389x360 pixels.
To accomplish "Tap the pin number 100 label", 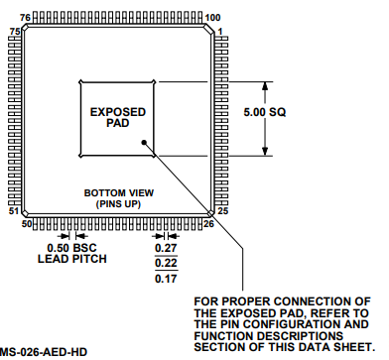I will [212, 18].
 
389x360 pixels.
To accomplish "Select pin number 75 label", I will [14, 32].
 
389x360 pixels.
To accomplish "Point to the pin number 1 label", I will [220, 31].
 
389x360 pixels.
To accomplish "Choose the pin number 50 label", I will [28, 225].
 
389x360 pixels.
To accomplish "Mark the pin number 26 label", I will [209, 225].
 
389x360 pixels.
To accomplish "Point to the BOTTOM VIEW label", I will [120, 192].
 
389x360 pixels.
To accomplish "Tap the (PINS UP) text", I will [120, 203].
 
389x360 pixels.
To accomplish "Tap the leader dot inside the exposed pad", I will [146, 143].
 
